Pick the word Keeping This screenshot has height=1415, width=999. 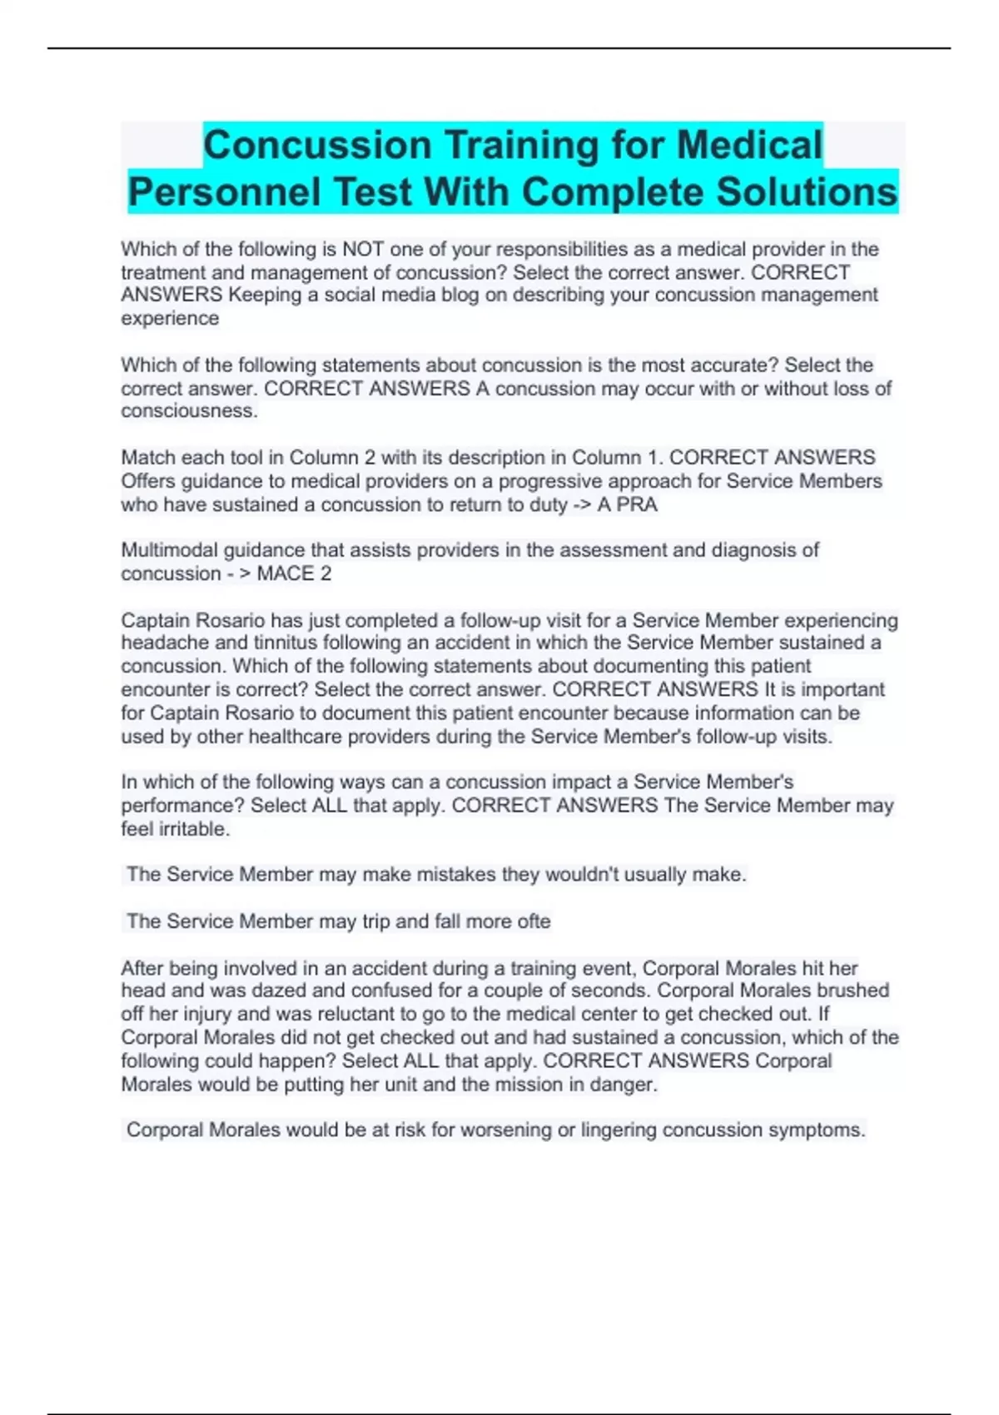point(265,295)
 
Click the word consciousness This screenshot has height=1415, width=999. point(189,411)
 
